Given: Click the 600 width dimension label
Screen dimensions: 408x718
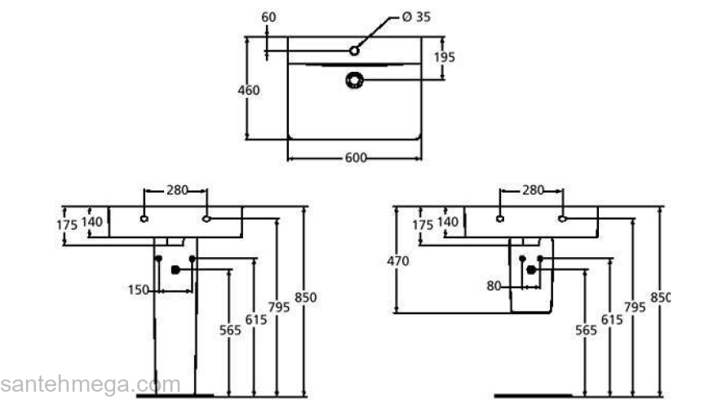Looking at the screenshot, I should pos(355,157).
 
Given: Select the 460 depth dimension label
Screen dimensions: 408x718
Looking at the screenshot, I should pos(248,90).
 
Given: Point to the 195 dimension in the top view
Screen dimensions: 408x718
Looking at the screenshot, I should pos(444,57).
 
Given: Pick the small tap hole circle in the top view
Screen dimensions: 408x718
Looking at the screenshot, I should pos(354,51).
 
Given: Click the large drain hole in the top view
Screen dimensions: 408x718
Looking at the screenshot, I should pos(355,79).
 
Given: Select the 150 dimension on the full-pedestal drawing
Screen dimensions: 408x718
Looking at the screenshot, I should pos(139,289).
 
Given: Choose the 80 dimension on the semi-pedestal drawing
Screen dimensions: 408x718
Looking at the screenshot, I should pos(493,286).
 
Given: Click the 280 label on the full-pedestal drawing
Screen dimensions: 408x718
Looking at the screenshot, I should pos(177,190).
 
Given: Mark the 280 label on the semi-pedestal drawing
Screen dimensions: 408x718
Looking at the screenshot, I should pos(532,190).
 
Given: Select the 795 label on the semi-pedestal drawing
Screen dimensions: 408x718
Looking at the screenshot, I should pos(634,307).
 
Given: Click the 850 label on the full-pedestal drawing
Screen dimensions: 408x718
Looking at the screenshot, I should pos(305,298).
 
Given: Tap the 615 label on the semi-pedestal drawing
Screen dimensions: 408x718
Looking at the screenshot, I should pos(610,320).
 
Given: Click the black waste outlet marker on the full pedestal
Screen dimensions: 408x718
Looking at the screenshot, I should pos(175,269).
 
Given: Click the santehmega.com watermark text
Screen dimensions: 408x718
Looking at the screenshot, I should pos(90,384).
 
